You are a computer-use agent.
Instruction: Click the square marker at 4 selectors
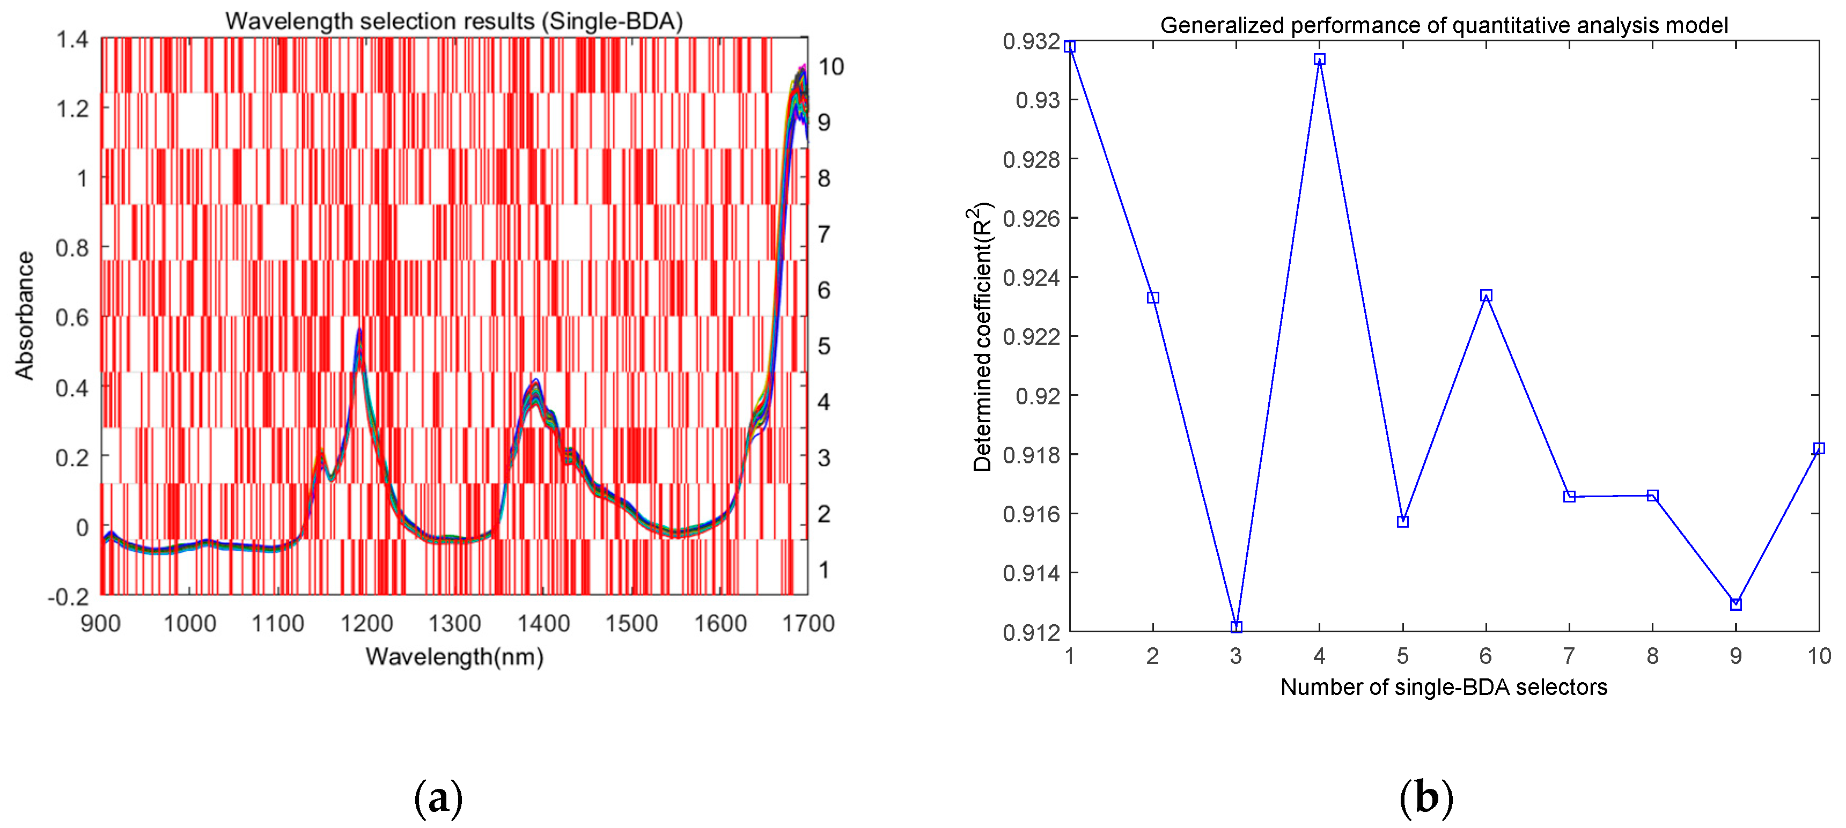pyautogui.click(x=1319, y=59)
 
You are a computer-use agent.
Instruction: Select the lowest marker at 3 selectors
pyautogui.click(x=1236, y=627)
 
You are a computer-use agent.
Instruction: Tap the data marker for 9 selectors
pyautogui.click(x=1735, y=604)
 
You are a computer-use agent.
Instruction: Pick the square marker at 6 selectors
pyautogui.click(x=1486, y=295)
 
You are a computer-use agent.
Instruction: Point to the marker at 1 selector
pyautogui.click(x=1070, y=47)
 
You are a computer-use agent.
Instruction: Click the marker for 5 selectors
pyautogui.click(x=1403, y=521)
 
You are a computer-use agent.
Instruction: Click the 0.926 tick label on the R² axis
pyautogui.click(x=1031, y=218)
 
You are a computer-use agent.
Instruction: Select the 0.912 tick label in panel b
pyautogui.click(x=1031, y=632)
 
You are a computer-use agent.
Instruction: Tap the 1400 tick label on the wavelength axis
pyautogui.click(x=544, y=623)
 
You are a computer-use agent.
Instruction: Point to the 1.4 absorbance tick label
pyautogui.click(x=72, y=39)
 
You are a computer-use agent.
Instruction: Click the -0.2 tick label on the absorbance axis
pyautogui.click(x=68, y=597)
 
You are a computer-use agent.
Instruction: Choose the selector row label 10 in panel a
pyautogui.click(x=832, y=66)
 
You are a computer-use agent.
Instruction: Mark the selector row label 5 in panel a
pyautogui.click(x=824, y=346)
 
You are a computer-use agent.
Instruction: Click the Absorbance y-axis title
pyautogui.click(x=24, y=315)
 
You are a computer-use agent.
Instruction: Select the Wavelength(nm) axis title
pyautogui.click(x=454, y=656)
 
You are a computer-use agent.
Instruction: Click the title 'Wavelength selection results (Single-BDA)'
pyautogui.click(x=454, y=21)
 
